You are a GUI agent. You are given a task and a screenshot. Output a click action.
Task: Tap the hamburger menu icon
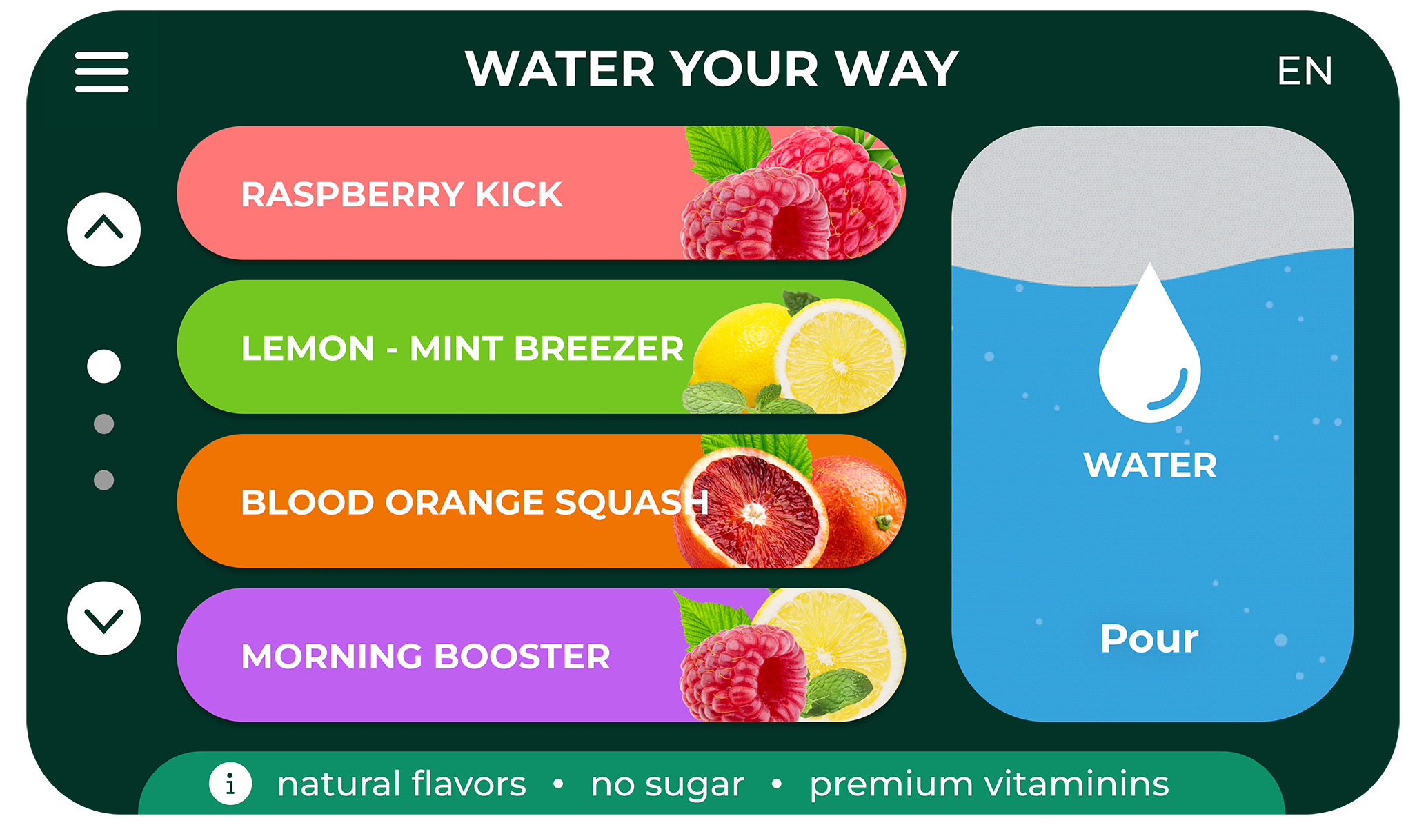tap(102, 72)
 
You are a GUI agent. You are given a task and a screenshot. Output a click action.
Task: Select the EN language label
tap(1305, 71)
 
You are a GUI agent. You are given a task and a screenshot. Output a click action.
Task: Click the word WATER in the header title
tap(559, 69)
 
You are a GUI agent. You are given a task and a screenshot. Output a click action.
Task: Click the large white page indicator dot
tap(103, 366)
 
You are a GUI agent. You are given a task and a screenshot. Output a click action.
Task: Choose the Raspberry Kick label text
tap(402, 194)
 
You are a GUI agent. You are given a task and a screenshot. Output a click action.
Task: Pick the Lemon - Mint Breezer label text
tap(462, 348)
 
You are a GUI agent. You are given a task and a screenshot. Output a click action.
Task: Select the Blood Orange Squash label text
tap(475, 502)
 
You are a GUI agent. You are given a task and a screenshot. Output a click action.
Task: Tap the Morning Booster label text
tap(426, 656)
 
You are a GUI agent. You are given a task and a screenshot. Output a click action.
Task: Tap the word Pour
tap(1149, 638)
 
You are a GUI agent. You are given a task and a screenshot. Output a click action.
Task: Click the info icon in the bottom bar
tap(230, 784)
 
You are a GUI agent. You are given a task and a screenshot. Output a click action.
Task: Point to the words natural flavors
tap(402, 784)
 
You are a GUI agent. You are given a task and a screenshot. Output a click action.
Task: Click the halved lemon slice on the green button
tap(840, 356)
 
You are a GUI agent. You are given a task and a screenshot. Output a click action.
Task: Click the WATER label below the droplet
tap(1149, 465)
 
